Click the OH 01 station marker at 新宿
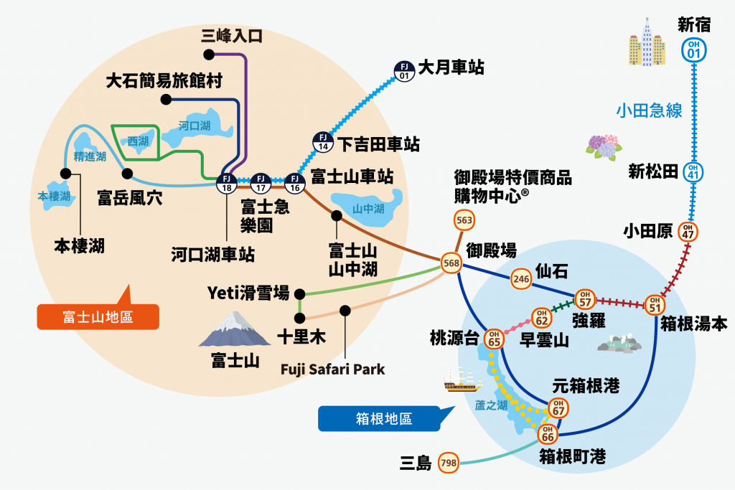tap(694, 49)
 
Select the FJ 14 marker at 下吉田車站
tap(323, 141)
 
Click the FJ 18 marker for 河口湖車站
tap(227, 182)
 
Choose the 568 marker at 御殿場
tap(452, 264)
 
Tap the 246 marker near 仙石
tap(520, 280)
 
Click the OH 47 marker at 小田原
tap(688, 232)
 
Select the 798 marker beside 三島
tap(449, 463)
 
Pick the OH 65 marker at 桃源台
tap(494, 339)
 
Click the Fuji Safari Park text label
tap(333, 370)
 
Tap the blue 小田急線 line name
tap(648, 110)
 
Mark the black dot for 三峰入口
tap(208, 55)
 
